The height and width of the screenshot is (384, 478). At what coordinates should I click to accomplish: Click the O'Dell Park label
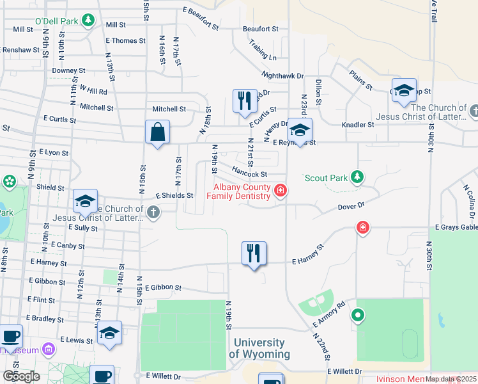coord(56,21)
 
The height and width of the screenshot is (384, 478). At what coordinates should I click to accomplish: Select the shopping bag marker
coord(157,132)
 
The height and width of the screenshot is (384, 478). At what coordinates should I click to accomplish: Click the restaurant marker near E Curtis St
coord(245,102)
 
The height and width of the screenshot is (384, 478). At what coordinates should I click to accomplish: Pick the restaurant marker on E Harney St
coord(254,253)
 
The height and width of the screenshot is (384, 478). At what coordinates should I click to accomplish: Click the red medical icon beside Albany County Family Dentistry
coord(280,191)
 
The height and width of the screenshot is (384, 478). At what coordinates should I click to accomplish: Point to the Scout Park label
coord(327,177)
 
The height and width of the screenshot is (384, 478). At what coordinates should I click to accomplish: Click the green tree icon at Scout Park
coord(358,177)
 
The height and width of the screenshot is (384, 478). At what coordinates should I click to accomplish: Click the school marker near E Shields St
coord(84,202)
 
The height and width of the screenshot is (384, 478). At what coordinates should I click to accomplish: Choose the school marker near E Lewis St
coord(109,333)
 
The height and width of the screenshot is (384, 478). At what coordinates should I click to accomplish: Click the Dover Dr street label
coord(350,206)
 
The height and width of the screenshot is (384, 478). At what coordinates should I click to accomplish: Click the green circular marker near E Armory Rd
coord(358,315)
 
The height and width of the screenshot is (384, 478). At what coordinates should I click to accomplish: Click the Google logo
coord(21,376)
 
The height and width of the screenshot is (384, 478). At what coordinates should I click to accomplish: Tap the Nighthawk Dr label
coord(282,76)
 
